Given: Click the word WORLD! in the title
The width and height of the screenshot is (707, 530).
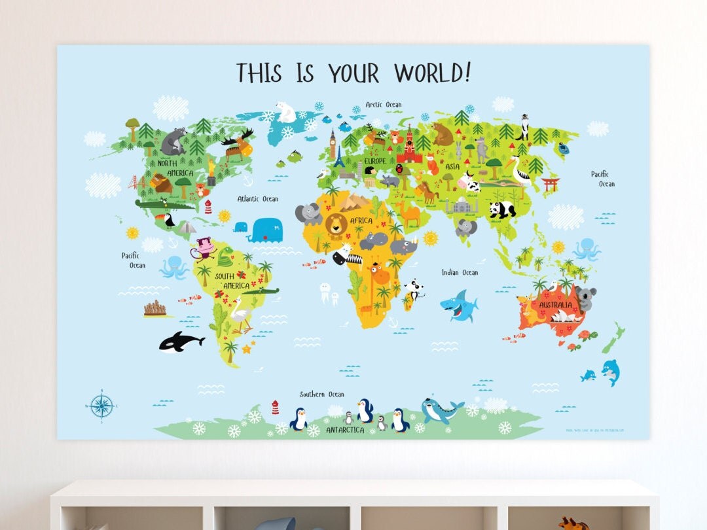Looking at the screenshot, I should [432, 73].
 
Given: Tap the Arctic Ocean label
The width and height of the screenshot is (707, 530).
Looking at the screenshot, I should [384, 105].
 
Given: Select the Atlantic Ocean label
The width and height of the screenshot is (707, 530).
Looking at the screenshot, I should [257, 199].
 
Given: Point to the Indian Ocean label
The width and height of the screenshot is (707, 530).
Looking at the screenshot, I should [460, 272].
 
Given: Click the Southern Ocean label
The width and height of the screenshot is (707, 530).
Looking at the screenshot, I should [321, 394].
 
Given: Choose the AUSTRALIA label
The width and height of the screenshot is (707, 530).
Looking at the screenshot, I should [555, 306].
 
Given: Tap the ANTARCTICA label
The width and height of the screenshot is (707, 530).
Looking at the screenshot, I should [344, 430].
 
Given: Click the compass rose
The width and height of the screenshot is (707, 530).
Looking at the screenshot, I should [101, 406].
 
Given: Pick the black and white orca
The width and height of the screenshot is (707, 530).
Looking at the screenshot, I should [181, 341].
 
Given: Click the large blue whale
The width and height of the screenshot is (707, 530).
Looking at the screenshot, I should [266, 230].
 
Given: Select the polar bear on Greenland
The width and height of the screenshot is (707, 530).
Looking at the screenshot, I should [286, 111].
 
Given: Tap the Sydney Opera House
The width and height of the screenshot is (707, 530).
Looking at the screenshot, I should [562, 317].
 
